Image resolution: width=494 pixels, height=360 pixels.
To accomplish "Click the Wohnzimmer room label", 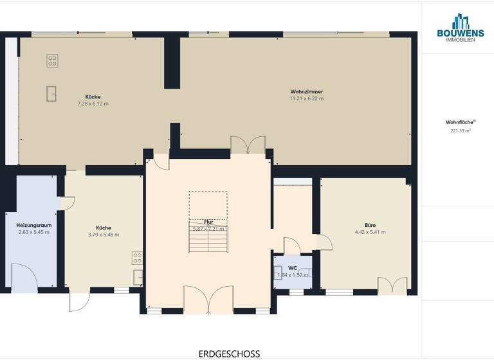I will (306, 91).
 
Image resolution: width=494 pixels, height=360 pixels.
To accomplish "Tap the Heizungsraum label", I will (33, 225).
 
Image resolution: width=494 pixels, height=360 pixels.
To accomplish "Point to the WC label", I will (293, 267).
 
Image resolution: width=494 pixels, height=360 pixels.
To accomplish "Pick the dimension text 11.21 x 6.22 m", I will (306, 99).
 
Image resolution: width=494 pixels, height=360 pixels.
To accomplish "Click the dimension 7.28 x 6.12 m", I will (93, 104).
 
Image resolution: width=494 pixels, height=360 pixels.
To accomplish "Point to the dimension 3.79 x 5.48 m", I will (103, 235).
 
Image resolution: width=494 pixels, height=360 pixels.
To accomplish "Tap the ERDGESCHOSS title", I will (230, 354).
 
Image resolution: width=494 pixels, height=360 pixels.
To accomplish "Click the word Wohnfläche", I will (457, 122).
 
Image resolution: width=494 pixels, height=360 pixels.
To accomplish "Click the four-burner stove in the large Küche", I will (52, 61).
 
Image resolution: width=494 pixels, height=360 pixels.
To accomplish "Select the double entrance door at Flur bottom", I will (208, 301).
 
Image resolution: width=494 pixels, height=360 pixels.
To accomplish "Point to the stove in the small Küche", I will (137, 258).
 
